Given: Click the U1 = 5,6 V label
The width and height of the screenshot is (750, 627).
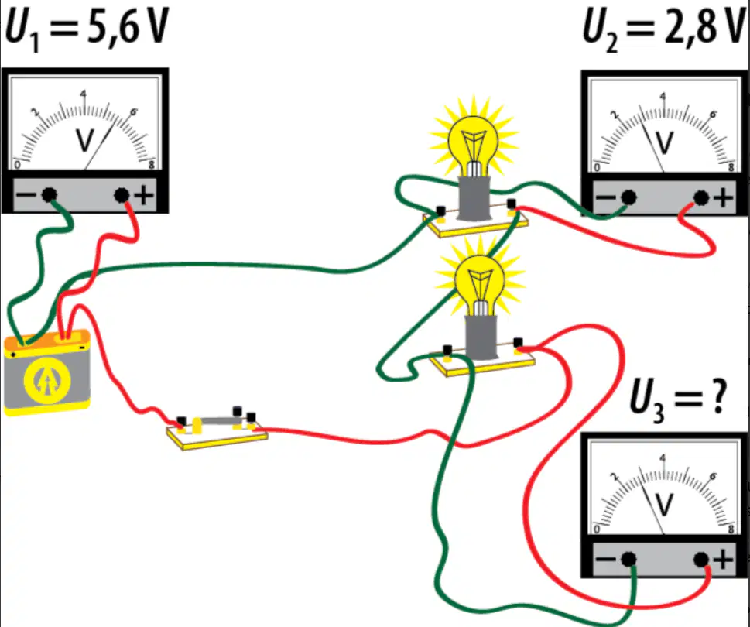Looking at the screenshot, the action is pos(87,29).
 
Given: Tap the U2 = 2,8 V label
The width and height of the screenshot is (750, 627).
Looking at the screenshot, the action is pos(665,29).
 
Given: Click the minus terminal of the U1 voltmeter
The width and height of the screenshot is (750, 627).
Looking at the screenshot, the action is pos(49,194).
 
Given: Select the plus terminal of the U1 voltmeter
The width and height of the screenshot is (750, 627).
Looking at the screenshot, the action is pos(122,194).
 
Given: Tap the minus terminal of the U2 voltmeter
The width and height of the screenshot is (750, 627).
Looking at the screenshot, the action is pos(628,197).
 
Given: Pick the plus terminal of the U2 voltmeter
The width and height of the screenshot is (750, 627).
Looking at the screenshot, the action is pos(701,197).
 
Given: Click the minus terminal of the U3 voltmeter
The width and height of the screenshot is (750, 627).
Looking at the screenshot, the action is pos(628,559).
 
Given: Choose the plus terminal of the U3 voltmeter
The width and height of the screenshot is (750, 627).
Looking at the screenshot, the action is pos(701,559).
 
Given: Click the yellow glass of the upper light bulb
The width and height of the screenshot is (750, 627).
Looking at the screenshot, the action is pos(473,142).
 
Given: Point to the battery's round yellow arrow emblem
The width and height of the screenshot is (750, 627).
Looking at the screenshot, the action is pos(47,381).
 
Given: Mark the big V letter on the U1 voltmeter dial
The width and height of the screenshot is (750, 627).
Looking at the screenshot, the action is pos(85,140).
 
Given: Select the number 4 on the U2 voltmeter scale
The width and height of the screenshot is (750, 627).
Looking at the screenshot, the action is pos(663,97).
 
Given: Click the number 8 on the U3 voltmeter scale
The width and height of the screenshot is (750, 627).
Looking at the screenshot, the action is pos(731,529).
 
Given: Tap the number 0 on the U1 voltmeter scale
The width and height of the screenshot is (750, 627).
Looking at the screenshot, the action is pos(17,166).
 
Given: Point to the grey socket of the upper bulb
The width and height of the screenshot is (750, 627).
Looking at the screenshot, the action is pos(474,198).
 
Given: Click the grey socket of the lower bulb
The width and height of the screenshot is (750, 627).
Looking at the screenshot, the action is pos(481,337).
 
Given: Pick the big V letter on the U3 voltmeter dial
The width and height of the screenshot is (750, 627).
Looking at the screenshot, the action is pos(664,505).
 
